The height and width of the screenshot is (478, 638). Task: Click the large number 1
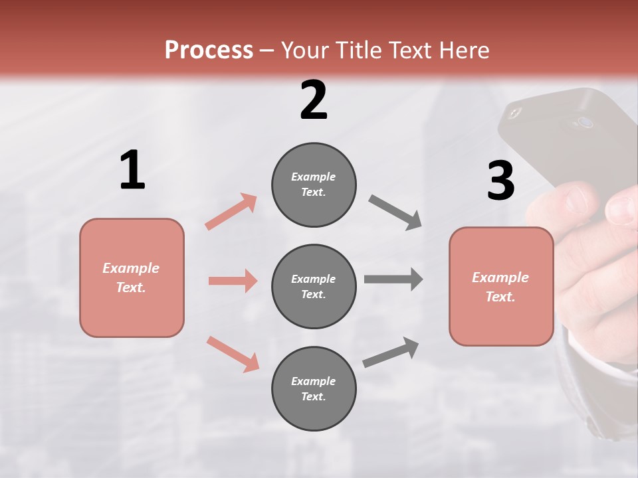click(132, 171)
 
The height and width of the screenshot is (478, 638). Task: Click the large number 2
click(314, 100)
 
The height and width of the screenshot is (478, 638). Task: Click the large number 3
click(500, 181)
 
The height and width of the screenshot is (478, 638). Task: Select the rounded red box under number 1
click(132, 278)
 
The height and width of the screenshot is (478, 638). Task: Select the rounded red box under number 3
click(501, 287)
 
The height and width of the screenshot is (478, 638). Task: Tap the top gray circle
click(314, 185)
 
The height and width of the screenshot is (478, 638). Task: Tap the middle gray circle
click(314, 287)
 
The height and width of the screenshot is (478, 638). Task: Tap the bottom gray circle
click(314, 389)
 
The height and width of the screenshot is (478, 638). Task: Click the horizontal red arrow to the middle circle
click(233, 281)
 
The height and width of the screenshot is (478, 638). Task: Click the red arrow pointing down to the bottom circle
click(233, 354)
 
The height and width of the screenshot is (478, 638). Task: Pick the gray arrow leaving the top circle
click(395, 212)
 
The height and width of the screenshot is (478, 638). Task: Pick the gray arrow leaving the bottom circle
click(391, 353)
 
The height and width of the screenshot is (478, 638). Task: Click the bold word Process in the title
click(209, 50)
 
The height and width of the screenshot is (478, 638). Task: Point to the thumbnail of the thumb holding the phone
click(622, 208)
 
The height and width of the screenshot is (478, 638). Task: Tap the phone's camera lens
click(585, 122)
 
